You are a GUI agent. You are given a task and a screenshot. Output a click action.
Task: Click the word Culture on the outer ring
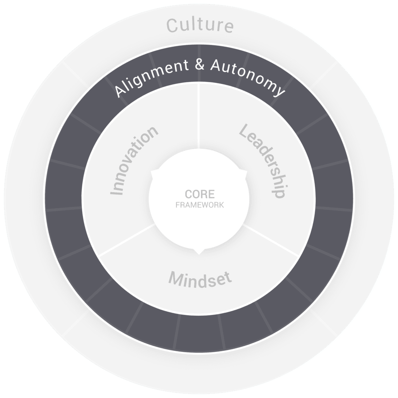pos(200,26)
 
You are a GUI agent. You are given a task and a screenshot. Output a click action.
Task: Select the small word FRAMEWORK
pos(200,205)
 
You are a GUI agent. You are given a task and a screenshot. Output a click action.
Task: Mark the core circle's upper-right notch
pos(245,173)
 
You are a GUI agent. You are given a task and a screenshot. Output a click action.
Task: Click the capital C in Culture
pos(172,27)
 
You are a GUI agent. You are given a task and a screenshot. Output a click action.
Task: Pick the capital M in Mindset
pos(175,278)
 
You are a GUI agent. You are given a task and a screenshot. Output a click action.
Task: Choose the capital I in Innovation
pos(117,193)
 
